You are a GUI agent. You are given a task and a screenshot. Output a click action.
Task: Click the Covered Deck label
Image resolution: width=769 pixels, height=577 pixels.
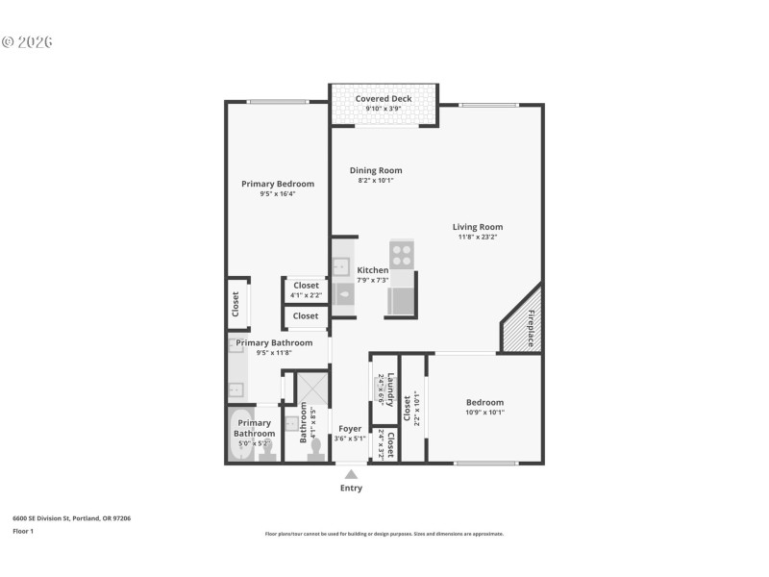pyautogui.click(x=384, y=98)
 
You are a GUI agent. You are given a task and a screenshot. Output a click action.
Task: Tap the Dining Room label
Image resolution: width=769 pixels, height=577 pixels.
pyautogui.click(x=376, y=170)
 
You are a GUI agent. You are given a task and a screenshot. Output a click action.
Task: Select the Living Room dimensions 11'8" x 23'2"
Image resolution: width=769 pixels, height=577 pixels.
pyautogui.click(x=478, y=237)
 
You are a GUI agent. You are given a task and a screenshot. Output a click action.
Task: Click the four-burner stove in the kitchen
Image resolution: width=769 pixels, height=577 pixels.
pyautogui.click(x=402, y=255)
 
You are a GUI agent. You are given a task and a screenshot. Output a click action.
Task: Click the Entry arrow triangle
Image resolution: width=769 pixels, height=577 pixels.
pyautogui.click(x=351, y=474)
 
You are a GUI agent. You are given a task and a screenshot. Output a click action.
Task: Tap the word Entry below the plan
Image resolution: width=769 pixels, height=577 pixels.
pyautogui.click(x=351, y=489)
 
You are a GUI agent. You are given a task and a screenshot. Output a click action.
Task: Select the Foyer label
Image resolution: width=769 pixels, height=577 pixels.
pyautogui.click(x=350, y=429)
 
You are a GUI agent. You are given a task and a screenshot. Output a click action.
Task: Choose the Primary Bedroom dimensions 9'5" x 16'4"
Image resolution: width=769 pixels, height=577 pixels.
pyautogui.click(x=277, y=194)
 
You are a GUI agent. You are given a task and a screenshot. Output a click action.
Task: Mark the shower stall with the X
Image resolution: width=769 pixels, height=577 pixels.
pyautogui.click(x=312, y=390)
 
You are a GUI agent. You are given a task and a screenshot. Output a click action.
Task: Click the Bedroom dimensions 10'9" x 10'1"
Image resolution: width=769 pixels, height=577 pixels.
pyautogui.click(x=484, y=413)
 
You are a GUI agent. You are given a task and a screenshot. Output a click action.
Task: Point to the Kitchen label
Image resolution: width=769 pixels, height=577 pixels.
pyautogui.click(x=373, y=270)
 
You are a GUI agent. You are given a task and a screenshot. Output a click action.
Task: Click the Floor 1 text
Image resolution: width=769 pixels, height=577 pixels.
pyautogui.click(x=23, y=531)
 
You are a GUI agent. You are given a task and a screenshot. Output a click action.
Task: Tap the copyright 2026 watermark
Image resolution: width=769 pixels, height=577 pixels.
pyautogui.click(x=27, y=42)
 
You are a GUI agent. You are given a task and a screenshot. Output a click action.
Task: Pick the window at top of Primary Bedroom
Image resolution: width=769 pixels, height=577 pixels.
pyautogui.click(x=278, y=102)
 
